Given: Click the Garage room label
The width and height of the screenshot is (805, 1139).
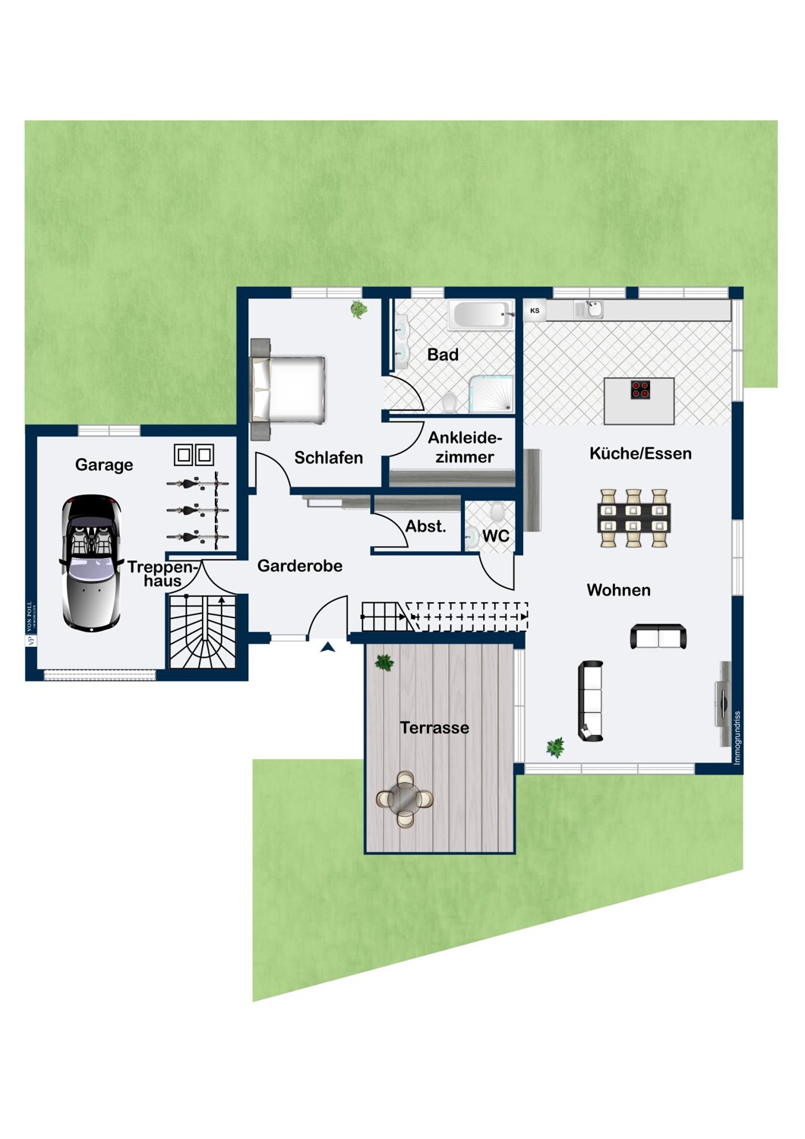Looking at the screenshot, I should tap(104, 465).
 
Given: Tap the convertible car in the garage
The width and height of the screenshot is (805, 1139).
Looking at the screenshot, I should tap(91, 563).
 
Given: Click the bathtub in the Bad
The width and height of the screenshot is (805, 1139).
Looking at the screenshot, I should tap(480, 314).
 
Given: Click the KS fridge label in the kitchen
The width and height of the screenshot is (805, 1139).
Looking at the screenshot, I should tap(535, 311).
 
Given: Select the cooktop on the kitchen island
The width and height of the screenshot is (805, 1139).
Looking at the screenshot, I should tap(640, 390).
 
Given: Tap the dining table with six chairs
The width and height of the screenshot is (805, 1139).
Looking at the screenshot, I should tap(633, 518).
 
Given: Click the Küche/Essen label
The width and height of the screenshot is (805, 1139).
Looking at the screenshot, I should tap(640, 453).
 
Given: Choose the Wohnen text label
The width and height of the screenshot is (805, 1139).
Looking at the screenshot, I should tap(618, 590).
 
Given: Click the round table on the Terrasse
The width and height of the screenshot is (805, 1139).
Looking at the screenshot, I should tap(405, 799).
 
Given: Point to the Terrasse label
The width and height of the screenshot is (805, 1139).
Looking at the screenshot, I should tap(434, 727).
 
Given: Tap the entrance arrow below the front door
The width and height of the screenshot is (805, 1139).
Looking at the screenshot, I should tap(328, 647).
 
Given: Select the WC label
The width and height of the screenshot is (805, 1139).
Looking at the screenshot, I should tap(496, 536).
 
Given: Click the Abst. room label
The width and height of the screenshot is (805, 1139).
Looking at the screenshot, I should tap(425, 526).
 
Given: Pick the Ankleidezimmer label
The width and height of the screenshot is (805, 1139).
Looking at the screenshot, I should tap(465, 447).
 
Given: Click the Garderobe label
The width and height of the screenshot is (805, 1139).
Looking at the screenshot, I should tap(300, 566).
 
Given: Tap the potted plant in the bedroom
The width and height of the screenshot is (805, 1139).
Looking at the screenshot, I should tap(358, 309).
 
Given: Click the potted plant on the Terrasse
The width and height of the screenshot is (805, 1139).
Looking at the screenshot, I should tap(384, 663).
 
